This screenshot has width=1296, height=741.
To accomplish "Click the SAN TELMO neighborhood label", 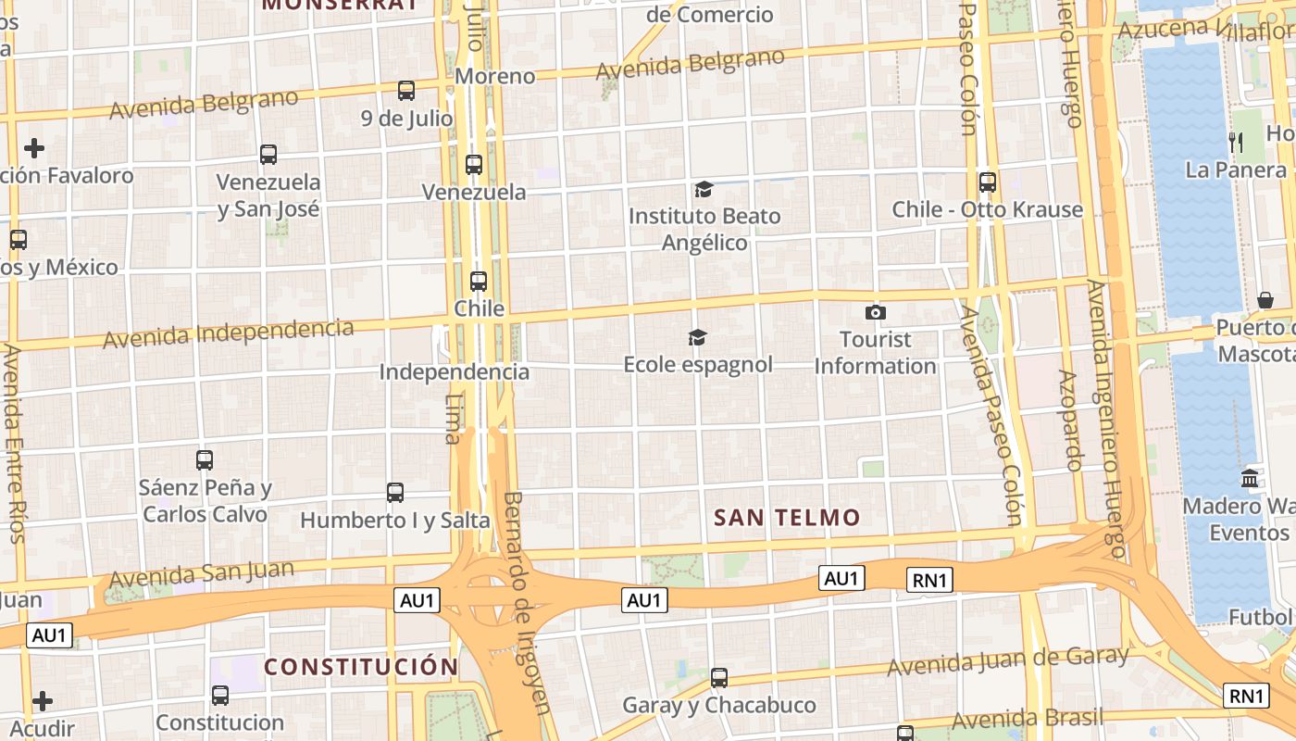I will pyautogui.click(x=787, y=518).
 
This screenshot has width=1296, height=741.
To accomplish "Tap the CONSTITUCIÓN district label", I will pyautogui.click(x=361, y=667).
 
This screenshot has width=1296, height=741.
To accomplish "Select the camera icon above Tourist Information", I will pyautogui.click(x=875, y=313).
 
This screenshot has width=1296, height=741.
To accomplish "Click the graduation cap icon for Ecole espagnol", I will pyautogui.click(x=697, y=338).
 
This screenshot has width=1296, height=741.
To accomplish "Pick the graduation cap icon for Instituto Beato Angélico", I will pyautogui.click(x=704, y=190).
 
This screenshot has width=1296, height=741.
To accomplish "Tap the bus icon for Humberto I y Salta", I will pyautogui.click(x=395, y=493).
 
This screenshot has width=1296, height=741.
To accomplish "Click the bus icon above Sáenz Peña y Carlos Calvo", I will pyautogui.click(x=205, y=459).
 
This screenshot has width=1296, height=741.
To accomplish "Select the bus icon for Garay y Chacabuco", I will pyautogui.click(x=719, y=678).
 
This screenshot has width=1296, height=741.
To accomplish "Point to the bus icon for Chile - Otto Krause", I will pyautogui.click(x=988, y=182).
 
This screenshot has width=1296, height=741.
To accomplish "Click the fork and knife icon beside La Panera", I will pyautogui.click(x=1236, y=143).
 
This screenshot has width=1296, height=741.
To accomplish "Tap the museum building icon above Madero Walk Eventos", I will pyautogui.click(x=1250, y=479).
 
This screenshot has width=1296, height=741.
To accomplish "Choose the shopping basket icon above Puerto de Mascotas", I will pyautogui.click(x=1265, y=300).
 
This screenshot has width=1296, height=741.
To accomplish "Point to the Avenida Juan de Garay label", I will pyautogui.click(x=1008, y=661).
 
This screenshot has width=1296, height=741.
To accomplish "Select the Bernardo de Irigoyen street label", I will pyautogui.click(x=528, y=602).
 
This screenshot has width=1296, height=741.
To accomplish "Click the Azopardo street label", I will pyautogui.click(x=1069, y=421).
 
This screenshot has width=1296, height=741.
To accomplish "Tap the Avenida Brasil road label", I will pyautogui.click(x=1028, y=718).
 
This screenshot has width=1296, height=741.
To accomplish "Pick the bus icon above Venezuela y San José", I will pyautogui.click(x=268, y=155).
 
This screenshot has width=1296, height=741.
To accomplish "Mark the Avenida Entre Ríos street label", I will pyautogui.click(x=13, y=444).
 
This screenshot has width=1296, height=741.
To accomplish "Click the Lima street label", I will pyautogui.click(x=453, y=419).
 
